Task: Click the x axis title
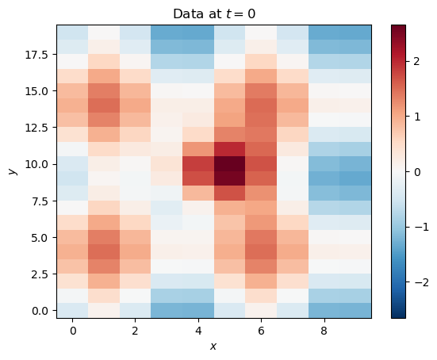[x=213, y=347]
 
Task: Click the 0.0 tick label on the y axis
[x=40, y=311]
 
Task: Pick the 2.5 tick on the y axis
[x=40, y=274]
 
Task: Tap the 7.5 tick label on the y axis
[x=40, y=201]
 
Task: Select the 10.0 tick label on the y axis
[x=37, y=164]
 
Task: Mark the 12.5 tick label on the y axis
[x=37, y=128]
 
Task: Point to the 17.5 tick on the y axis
[x=37, y=54]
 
